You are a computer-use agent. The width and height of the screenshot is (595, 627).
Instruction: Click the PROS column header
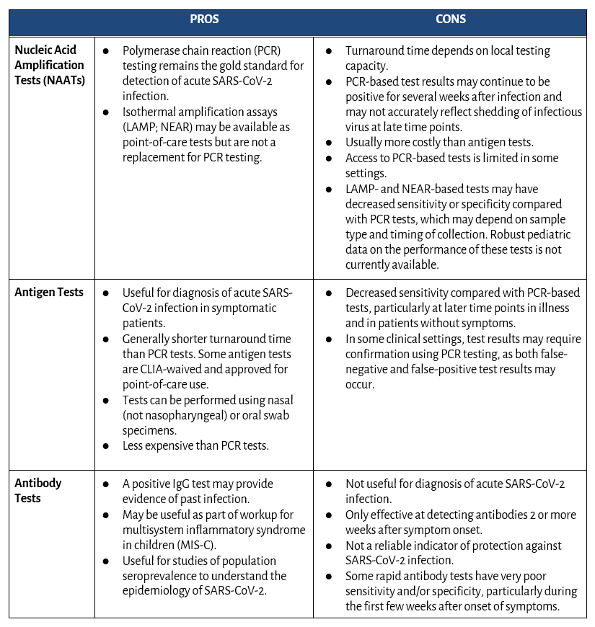coord(204,19)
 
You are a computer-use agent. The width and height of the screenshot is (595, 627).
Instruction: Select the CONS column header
coord(450,19)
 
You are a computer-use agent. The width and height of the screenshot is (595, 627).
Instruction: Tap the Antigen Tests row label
coord(49,292)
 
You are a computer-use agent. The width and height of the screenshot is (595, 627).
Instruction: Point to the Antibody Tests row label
coord(38,490)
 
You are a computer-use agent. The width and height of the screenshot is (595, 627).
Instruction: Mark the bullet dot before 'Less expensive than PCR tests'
coord(107,446)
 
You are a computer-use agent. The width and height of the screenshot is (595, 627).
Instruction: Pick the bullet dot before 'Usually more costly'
coord(329,143)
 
